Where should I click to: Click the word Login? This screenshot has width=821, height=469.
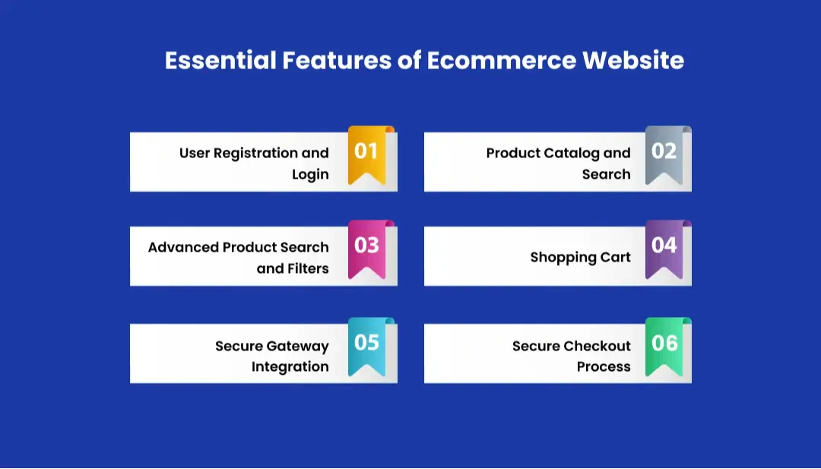tap(310, 175)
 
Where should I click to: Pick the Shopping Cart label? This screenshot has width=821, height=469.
tap(580, 258)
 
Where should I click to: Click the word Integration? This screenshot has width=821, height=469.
tap(290, 367)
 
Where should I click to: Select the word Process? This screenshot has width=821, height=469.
tap(604, 367)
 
